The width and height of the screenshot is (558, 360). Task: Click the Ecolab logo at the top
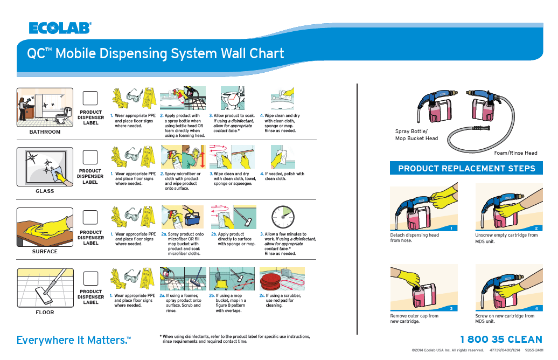click(x=59, y=28)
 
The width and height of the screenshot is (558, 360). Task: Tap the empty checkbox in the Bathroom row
click(x=90, y=98)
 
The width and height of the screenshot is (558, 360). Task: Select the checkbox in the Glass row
click(x=90, y=157)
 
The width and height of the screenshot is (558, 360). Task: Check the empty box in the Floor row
click(x=90, y=278)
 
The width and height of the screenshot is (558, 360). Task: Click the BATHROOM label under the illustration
click(x=45, y=131)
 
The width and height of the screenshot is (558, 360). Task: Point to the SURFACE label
click(x=45, y=251)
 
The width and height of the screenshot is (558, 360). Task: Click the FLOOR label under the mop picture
click(x=45, y=312)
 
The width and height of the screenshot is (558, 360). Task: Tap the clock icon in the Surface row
click(x=282, y=216)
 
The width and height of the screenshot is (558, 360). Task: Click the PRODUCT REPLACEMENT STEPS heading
click(x=466, y=168)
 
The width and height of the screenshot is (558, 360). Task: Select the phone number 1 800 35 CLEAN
click(x=501, y=339)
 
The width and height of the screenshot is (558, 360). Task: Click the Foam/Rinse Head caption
click(x=515, y=153)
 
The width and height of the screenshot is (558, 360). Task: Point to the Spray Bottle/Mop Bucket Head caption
click(x=416, y=135)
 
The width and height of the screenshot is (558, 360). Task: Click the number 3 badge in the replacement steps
click(x=451, y=308)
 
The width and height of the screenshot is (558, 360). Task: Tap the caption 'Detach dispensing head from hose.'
click(x=414, y=238)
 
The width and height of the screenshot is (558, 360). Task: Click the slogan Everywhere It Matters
click(x=73, y=340)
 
